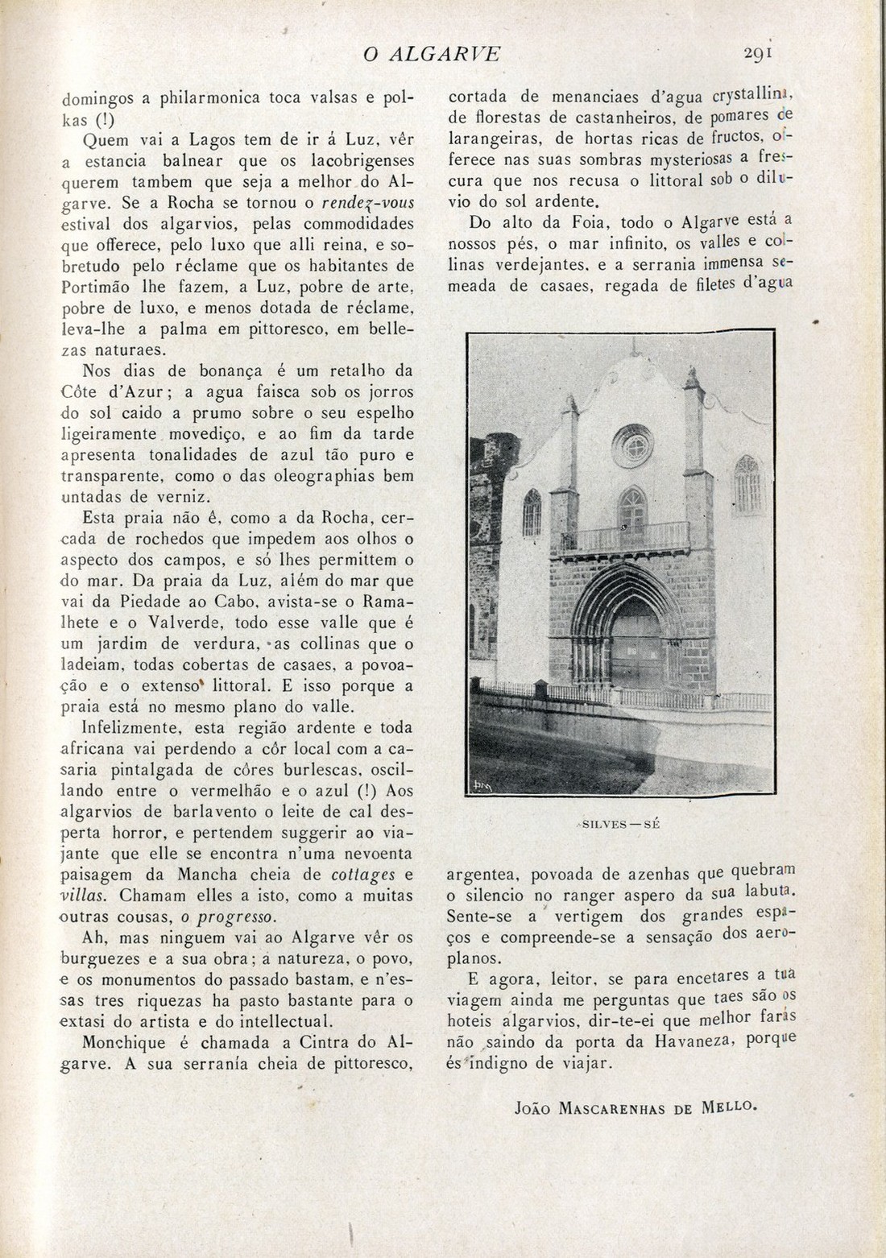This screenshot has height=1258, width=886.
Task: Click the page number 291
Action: [x=758, y=53]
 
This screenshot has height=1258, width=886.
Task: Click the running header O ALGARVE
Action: [x=432, y=54]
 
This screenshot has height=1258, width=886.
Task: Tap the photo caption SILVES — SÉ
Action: [x=620, y=823]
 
